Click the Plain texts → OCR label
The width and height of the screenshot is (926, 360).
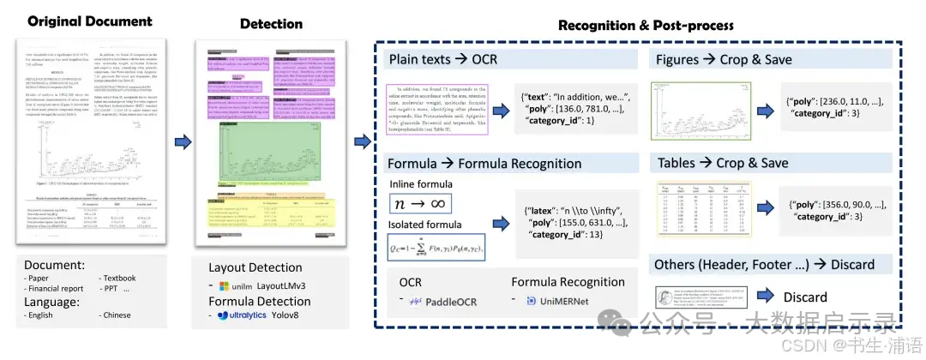[x=443, y=60]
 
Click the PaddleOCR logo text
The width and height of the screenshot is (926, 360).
[x=443, y=302]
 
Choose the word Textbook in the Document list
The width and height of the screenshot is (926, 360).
[x=123, y=279]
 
